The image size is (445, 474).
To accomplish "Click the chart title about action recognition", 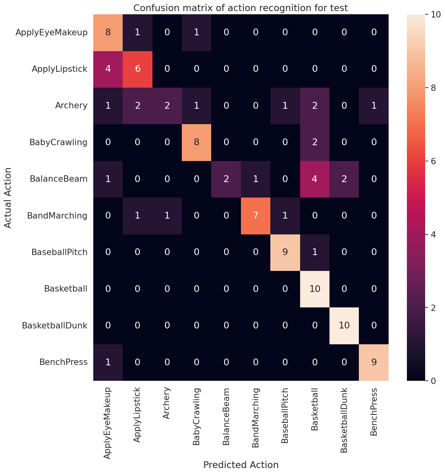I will (241, 8).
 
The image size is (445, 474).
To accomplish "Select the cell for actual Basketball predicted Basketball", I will (315, 289).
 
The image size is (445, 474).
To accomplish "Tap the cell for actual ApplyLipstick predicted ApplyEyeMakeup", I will (108, 69).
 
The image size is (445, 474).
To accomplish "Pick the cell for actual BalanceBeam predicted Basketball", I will (315, 179).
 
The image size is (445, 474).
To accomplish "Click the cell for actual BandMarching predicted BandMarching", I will (256, 215).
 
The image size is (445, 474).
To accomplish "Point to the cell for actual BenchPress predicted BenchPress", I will (374, 362).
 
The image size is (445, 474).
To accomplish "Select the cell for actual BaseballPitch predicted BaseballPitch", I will (285, 252).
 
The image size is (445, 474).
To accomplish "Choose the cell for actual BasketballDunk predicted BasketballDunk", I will (344, 325).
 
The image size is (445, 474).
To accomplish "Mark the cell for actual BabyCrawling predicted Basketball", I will (315, 142).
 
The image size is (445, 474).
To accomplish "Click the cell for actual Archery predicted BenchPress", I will (374, 106).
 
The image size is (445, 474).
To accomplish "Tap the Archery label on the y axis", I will (72, 106).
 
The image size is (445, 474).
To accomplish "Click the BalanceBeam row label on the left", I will (58, 179).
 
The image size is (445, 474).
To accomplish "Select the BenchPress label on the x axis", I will (374, 412).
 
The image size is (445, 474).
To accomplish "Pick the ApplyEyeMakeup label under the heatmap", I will (108, 423).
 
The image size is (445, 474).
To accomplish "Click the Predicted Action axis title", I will (241, 465).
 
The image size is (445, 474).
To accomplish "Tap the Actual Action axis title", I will (8, 198).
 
